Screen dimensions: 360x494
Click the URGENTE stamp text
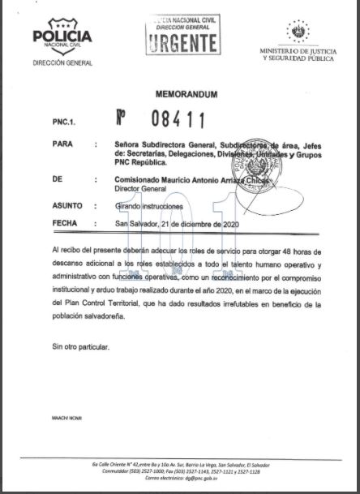183,41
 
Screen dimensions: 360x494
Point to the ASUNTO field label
66,207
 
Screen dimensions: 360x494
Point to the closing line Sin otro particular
79,346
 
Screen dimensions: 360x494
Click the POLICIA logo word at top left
62,37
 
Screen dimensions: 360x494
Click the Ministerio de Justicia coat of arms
297,32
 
